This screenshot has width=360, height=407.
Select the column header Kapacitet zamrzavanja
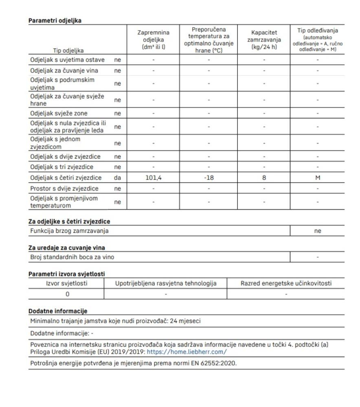coord(264,41)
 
